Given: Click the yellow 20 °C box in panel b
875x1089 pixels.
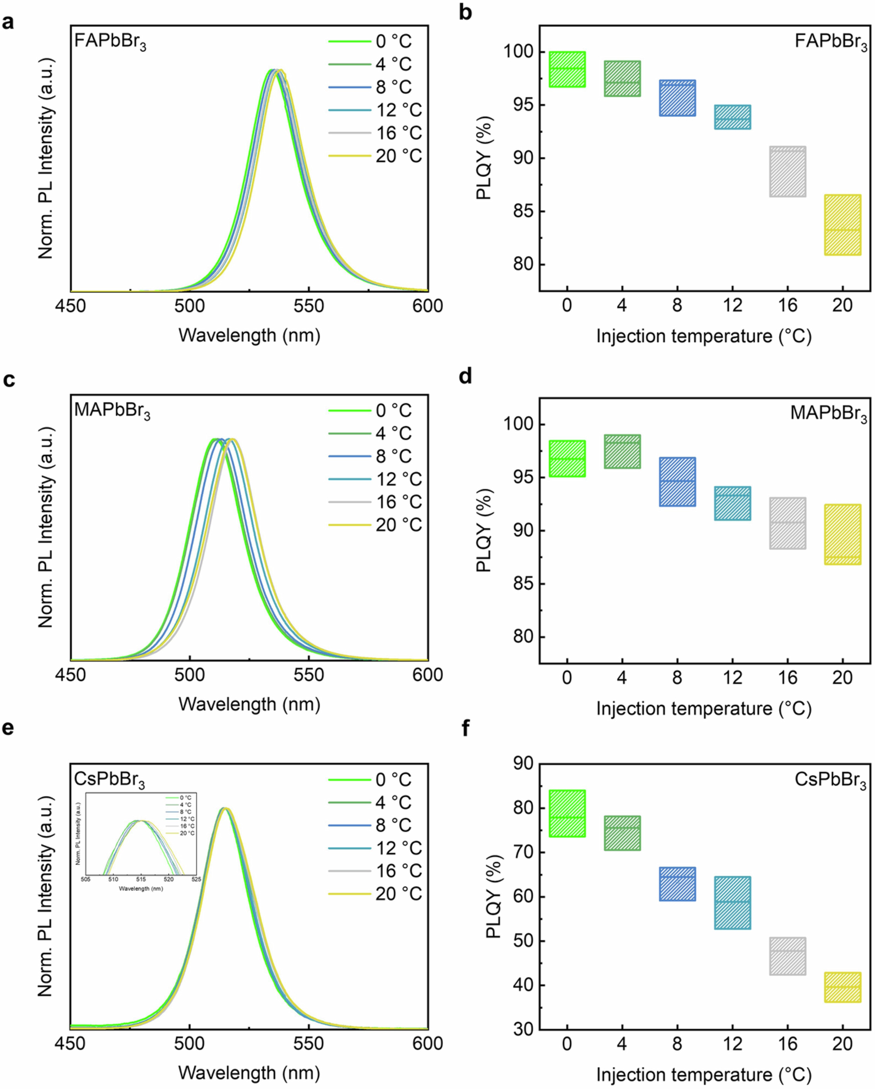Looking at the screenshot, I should pyautogui.click(x=842, y=225).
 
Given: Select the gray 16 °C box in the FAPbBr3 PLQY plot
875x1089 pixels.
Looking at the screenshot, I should pyautogui.click(x=787, y=172).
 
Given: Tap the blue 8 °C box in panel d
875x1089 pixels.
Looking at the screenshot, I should pyautogui.click(x=677, y=482).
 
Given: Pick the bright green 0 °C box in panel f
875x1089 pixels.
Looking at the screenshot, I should pyautogui.click(x=567, y=814).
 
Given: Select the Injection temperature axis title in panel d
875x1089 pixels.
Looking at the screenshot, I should pyautogui.click(x=704, y=709).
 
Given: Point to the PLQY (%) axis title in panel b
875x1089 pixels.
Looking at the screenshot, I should pyautogui.click(x=484, y=158).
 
